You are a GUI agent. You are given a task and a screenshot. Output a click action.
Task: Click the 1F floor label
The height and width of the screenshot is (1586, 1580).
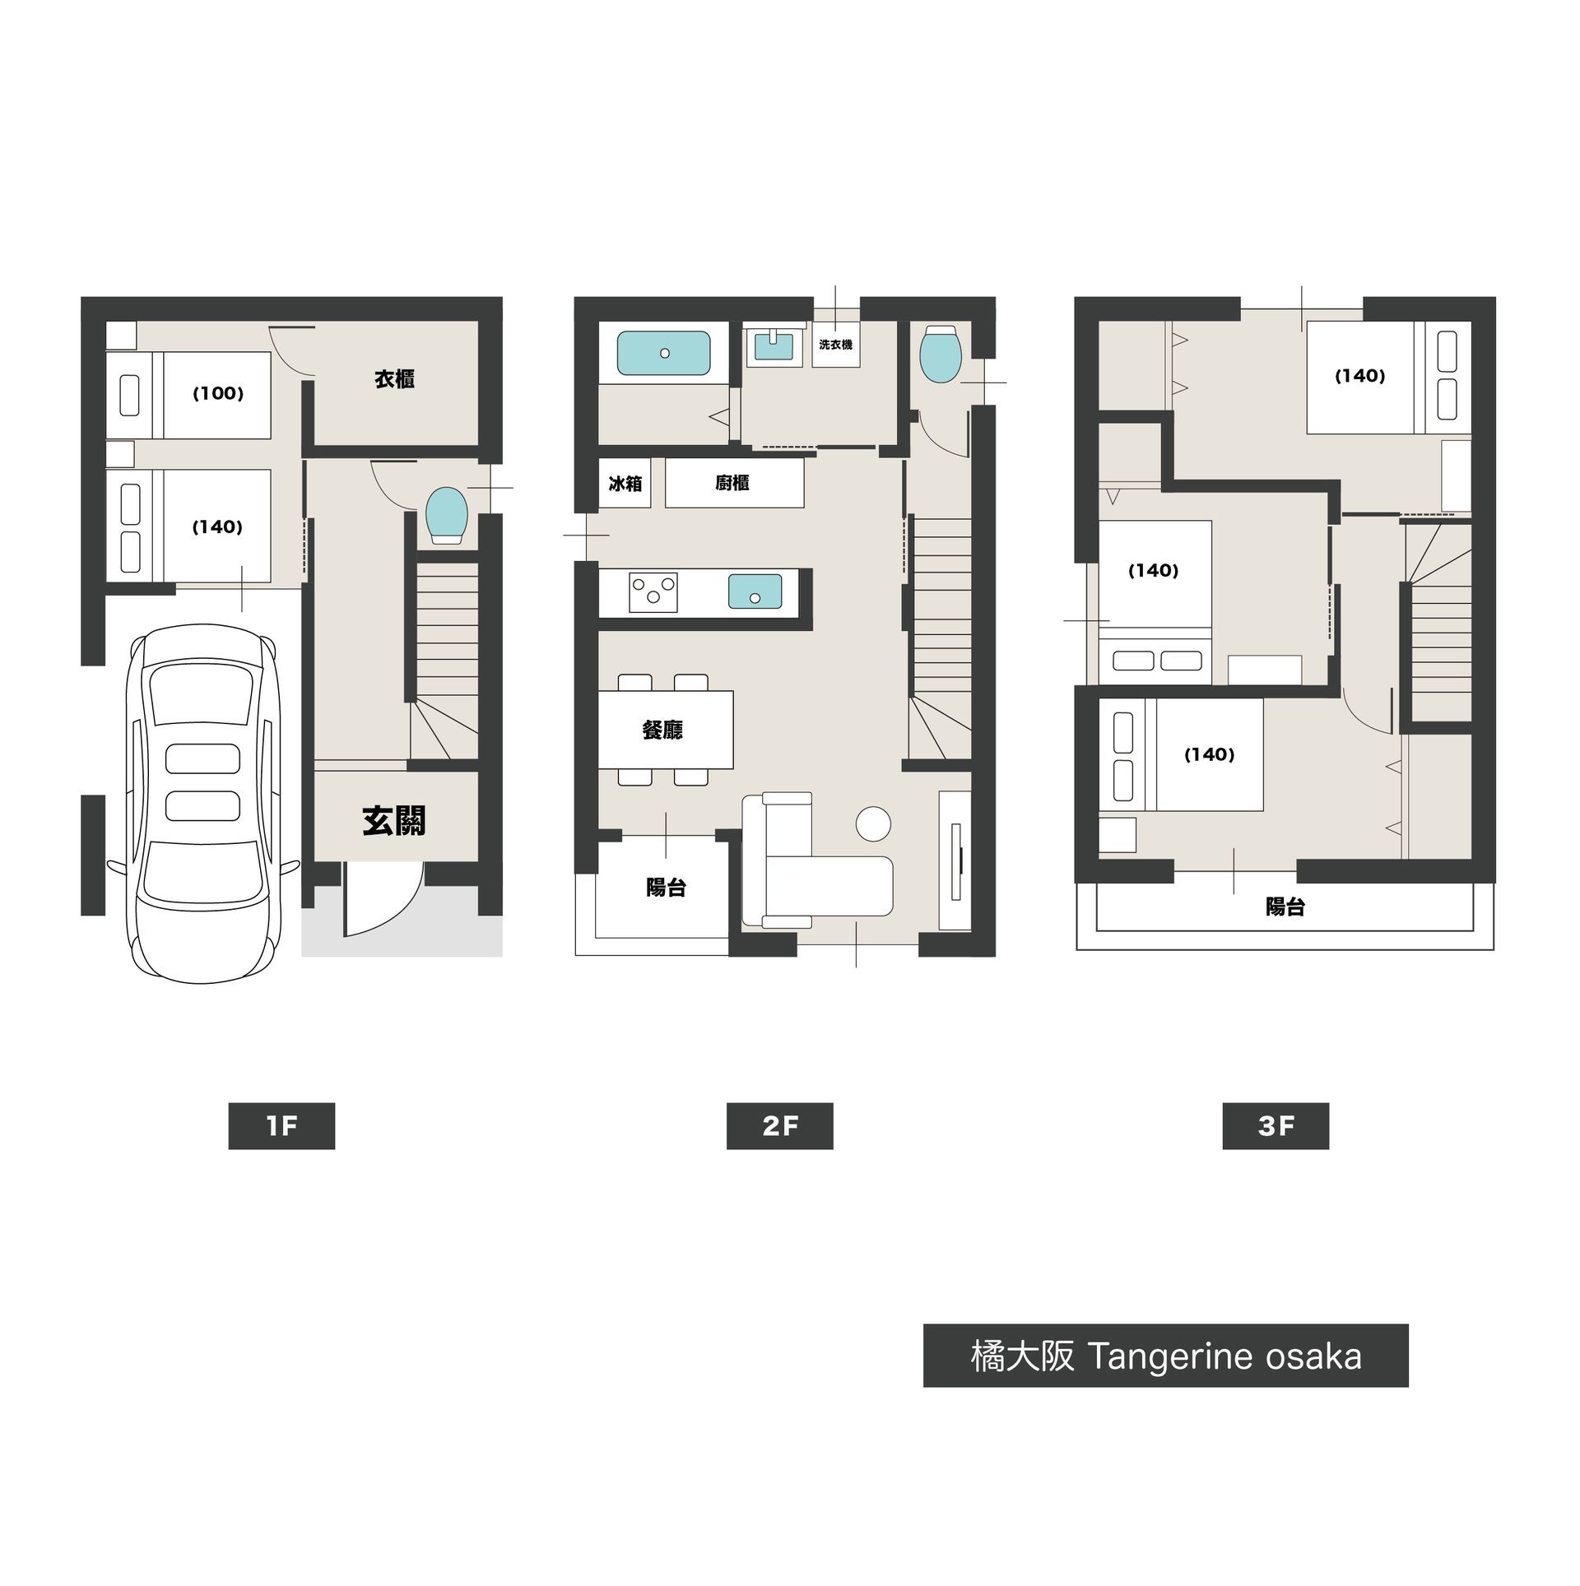point(281,1125)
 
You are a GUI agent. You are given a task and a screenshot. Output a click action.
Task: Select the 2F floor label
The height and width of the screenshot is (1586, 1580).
point(779,1125)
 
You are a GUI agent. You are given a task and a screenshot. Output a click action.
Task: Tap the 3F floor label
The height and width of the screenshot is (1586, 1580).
point(1276,1125)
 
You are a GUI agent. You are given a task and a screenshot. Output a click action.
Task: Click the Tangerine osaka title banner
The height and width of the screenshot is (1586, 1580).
point(1165,1356)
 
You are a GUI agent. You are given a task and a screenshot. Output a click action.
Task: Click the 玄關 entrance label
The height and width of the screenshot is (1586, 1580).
point(394,820)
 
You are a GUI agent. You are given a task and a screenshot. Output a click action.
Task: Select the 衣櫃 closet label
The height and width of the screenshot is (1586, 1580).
point(394,379)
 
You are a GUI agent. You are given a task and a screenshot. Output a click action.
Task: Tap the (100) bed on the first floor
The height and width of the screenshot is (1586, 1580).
point(188,395)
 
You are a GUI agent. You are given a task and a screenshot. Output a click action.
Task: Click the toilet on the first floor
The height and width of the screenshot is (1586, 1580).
point(447,515)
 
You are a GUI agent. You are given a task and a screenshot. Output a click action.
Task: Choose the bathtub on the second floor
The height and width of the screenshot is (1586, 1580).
point(663,353)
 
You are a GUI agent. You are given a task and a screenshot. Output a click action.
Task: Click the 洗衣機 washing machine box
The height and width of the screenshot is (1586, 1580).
point(835,345)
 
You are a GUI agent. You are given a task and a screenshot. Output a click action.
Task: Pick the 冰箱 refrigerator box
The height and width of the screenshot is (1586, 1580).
point(625,483)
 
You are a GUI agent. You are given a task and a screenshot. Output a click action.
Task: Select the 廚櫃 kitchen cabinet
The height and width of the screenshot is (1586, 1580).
point(734,483)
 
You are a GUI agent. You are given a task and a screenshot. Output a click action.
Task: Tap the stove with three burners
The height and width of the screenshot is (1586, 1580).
point(653,592)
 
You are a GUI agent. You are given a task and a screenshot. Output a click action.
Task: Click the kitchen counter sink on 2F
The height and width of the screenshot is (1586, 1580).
point(755,591)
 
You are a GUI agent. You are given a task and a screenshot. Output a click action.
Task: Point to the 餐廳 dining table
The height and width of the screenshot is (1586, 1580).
point(665,730)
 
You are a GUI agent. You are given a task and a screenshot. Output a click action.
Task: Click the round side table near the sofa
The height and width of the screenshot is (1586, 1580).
point(873,823)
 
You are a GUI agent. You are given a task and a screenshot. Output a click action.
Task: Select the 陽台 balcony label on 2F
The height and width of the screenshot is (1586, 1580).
point(666,888)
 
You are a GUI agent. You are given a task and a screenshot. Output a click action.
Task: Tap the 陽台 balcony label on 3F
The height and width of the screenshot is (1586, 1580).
point(1285,907)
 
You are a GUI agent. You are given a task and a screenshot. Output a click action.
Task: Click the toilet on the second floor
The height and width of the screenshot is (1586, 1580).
point(941,354)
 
